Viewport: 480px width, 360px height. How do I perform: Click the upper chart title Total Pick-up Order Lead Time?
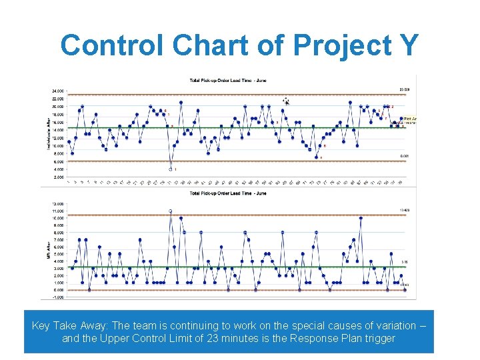click(228, 81)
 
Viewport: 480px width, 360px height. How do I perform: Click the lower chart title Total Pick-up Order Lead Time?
click(228, 193)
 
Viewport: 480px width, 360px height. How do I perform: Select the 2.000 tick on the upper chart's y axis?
click(59, 177)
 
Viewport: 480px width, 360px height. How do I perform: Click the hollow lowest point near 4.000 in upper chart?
click(171, 169)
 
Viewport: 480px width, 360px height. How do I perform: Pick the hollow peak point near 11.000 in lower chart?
click(171, 211)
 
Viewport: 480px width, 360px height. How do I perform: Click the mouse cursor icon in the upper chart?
click(286, 101)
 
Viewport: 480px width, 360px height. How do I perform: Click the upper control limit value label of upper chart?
click(404, 89)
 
